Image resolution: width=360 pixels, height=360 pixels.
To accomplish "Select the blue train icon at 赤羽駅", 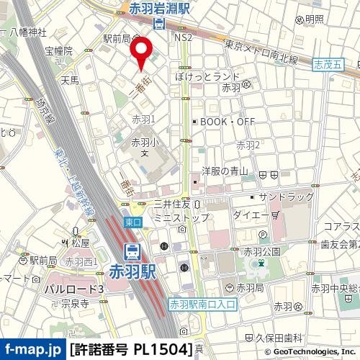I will [x=132, y=252].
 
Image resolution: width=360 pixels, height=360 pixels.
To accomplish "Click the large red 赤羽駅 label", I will [x=132, y=271].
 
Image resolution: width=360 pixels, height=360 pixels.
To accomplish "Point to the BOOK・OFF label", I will [x=227, y=122].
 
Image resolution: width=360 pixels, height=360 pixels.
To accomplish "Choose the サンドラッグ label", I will [x=286, y=197].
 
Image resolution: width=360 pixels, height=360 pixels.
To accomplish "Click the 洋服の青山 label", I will [x=225, y=171].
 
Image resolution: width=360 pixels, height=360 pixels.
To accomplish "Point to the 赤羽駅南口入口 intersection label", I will [x=202, y=305].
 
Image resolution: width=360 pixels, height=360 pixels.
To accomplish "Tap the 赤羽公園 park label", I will [x=262, y=251].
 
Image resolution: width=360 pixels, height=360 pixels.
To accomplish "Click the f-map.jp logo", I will [x=32, y=350].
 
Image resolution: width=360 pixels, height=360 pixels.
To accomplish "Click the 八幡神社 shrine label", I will [x=28, y=32].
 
